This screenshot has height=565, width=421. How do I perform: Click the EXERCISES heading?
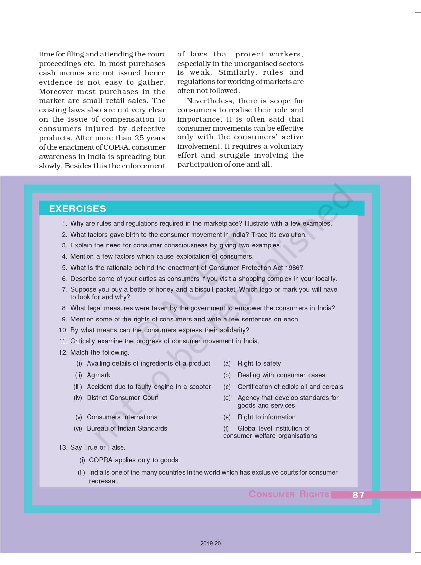(x=78, y=209)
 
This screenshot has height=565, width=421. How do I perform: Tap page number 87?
(x=358, y=495)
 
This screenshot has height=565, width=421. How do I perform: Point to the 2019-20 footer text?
(x=210, y=543)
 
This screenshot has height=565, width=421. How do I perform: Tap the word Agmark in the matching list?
(x=98, y=375)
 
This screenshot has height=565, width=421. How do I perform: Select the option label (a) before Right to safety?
(x=227, y=364)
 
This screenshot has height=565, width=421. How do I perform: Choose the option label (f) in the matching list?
(x=226, y=429)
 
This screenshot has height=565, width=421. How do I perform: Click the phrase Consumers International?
(x=123, y=417)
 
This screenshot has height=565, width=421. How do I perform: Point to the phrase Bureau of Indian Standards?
(x=127, y=428)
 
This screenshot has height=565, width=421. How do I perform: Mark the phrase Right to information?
(x=266, y=417)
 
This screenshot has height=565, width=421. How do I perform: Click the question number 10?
(x=63, y=330)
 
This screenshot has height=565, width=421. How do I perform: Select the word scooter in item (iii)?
(x=200, y=387)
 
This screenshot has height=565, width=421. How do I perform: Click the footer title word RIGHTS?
(x=314, y=494)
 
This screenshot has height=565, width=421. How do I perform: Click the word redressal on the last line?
(x=103, y=481)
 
